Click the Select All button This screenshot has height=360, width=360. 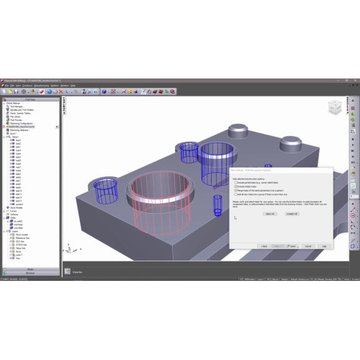pyautogui.click(x=269, y=214)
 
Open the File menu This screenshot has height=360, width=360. pyautogui.click(x=6, y=86)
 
